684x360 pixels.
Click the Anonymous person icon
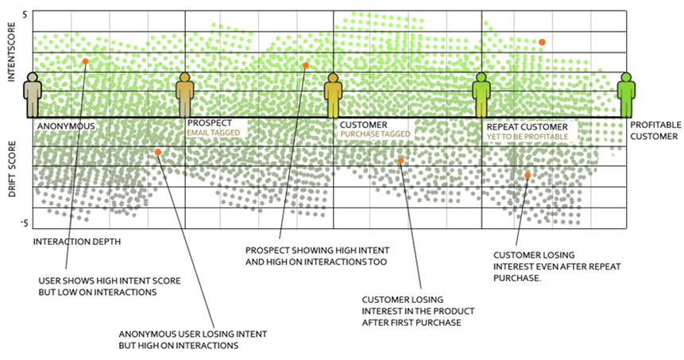(x=33, y=95)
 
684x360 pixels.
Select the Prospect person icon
(x=185, y=95)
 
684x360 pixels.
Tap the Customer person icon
(x=334, y=95)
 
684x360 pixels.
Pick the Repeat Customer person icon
(x=481, y=95)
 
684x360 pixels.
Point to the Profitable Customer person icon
(x=626, y=95)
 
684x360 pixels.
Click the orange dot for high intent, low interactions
(x=86, y=61)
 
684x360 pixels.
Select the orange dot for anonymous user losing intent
(x=158, y=153)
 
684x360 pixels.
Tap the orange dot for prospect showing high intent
(x=306, y=65)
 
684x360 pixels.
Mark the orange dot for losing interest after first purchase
(x=401, y=161)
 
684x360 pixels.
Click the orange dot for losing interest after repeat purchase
(x=527, y=176)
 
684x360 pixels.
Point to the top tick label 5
(x=25, y=15)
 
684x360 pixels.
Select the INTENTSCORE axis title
(x=11, y=52)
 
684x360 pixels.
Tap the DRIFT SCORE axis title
(x=12, y=168)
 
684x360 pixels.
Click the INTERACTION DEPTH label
(x=77, y=242)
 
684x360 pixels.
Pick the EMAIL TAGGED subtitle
(x=214, y=133)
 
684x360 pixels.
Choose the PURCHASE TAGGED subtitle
(x=375, y=134)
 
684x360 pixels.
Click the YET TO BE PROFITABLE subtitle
(x=527, y=137)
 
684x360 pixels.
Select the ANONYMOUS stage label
(x=66, y=126)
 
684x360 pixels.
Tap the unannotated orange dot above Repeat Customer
(x=542, y=42)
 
